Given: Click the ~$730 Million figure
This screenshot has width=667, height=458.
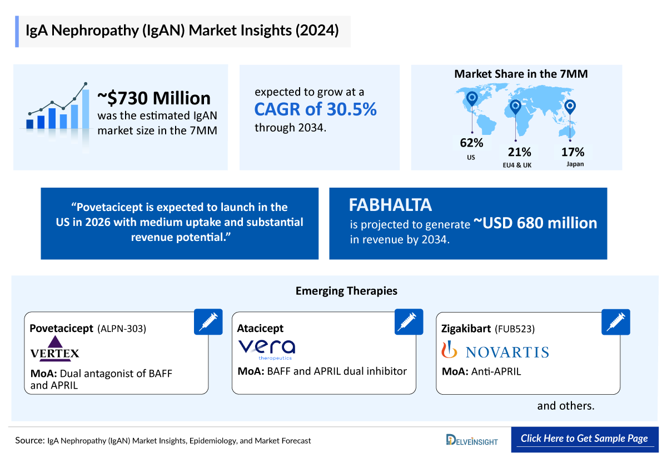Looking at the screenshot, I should [154, 98].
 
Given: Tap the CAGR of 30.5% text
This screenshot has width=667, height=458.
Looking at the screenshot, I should [315, 109].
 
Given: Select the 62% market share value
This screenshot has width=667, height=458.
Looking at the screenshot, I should [471, 143].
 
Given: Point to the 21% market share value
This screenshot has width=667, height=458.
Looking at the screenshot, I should [519, 152].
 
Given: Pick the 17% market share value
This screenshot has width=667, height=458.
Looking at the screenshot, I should [573, 152].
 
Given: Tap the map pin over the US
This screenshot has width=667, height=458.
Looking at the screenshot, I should [472, 99].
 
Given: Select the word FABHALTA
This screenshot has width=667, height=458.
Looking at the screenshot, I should [390, 205].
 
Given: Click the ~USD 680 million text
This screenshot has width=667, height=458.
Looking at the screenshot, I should [535, 223].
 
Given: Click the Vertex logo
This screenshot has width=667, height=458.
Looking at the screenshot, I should [55, 349].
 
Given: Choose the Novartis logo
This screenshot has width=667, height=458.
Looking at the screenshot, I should [495, 351].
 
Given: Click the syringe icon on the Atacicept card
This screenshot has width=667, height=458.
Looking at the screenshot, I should [409, 322].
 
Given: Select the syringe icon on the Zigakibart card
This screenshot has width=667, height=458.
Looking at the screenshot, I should [616, 322].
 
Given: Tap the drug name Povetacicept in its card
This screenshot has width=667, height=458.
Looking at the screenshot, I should [61, 328].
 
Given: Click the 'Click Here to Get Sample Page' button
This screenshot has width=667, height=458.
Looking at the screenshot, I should [584, 439].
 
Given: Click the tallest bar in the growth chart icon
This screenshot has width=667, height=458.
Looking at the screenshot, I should [86, 109].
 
